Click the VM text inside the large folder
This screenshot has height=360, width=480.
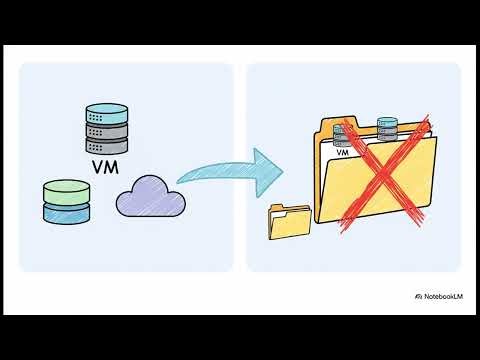(x=343, y=153)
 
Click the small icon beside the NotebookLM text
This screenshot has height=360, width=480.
(x=417, y=296)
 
